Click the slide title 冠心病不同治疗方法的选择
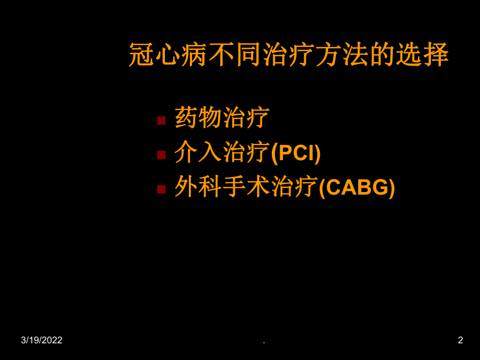coord(289,54)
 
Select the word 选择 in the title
coord(422,54)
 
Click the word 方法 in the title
coord(342,54)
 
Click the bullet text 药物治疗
coord(222,117)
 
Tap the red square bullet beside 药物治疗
coord(161,121)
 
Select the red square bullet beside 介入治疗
coord(161,155)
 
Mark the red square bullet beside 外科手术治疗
coord(161,189)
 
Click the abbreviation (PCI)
coord(296,153)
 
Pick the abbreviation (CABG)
coord(357,188)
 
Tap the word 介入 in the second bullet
coord(198,152)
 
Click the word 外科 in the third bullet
coord(198,187)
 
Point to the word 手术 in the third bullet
coord(246,187)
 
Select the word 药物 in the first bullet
coord(198,117)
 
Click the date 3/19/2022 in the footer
coord(42,340)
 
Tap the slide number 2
coord(460,340)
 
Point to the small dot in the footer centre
coord(264,343)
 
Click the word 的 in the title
coord(382,54)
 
